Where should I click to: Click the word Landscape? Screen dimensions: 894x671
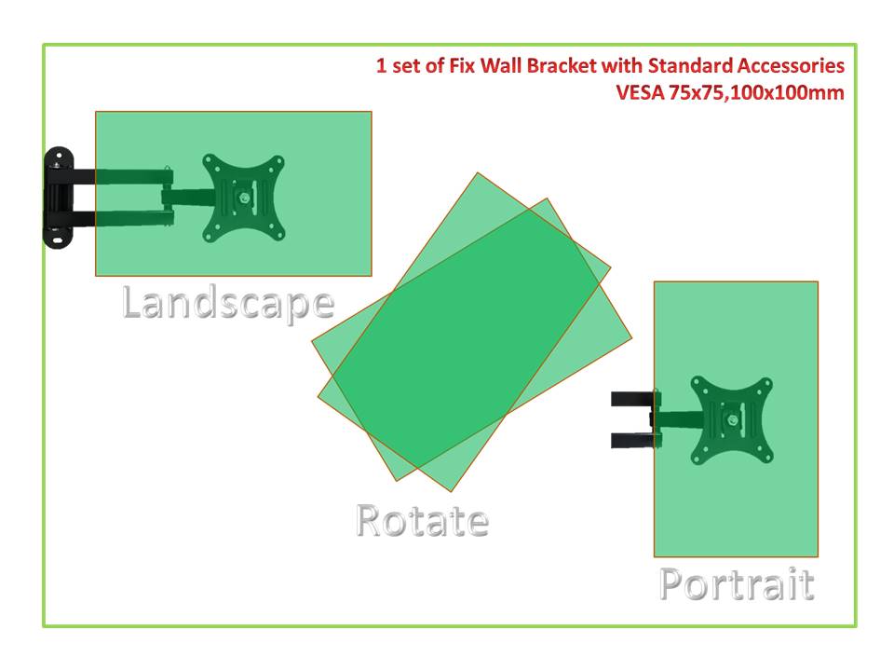pos(228,305)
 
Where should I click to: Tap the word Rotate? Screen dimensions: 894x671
pos(423,520)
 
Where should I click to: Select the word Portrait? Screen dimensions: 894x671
pos(738,583)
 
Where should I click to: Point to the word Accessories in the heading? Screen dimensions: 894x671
pos(791,65)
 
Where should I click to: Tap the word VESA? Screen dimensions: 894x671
pos(640,92)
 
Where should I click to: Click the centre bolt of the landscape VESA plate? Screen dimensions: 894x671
pos(245,198)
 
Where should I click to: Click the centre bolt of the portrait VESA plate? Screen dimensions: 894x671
pos(733,420)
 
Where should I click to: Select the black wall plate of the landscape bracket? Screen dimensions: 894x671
pos(58,198)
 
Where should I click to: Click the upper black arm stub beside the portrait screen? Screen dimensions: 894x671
pos(633,398)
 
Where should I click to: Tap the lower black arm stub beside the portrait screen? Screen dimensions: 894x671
pos(633,440)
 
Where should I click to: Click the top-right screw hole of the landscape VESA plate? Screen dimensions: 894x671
pos(278,160)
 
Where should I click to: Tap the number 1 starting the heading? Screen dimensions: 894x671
pos(382,65)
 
